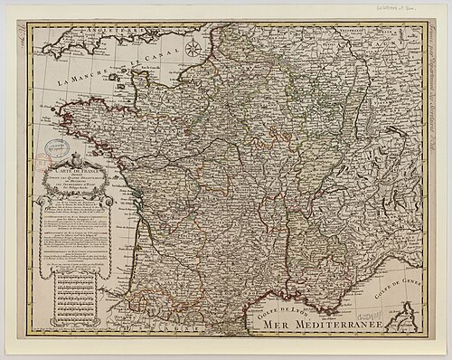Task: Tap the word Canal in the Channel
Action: click(x=141, y=60)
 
